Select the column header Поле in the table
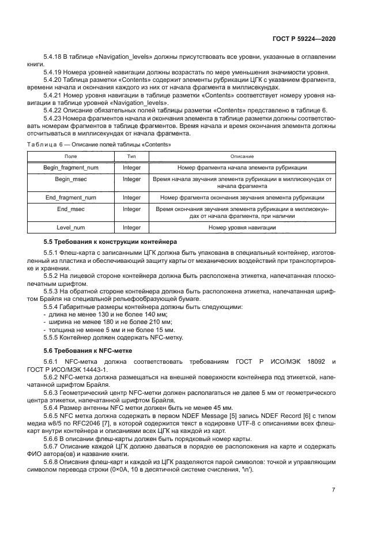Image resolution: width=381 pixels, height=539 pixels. coord(70,157)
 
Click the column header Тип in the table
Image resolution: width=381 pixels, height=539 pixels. coord(131,157)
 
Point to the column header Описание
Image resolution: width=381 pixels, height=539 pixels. coord(242,157)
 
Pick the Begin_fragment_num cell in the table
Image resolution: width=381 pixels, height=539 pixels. coord(70,167)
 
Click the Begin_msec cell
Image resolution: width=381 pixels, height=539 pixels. coord(70,179)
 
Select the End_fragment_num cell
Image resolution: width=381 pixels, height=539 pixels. coord(70,197)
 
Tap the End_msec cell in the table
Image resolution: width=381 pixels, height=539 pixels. coord(70,209)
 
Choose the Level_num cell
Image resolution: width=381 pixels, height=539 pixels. coord(70,228)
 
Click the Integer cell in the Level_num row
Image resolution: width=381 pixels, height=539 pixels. coord(131,228)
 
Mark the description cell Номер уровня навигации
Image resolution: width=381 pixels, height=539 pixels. coord(242,228)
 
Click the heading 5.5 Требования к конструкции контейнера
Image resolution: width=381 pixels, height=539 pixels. coord(111,241)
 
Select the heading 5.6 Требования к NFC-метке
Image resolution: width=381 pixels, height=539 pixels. coord(88,350)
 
